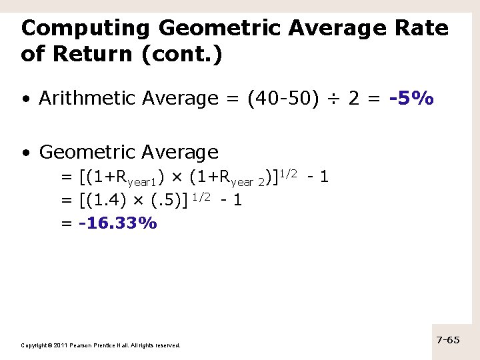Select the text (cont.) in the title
pos(182,54)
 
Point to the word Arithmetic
pos(81,99)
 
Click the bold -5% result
pos(412,99)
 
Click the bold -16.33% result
pos(118,223)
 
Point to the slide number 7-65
pos(448,340)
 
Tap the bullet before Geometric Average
pos(25,153)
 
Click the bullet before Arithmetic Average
pos(25,99)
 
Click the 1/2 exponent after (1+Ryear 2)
pos(288,173)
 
